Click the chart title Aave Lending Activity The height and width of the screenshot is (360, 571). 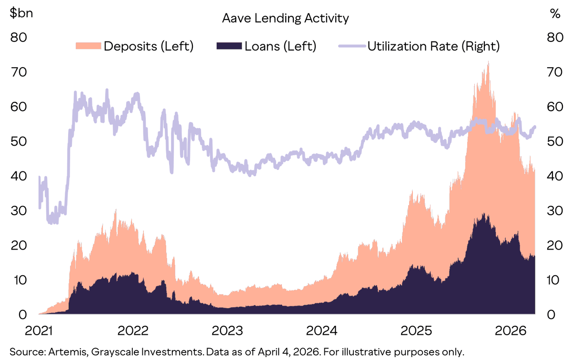[x=285, y=18]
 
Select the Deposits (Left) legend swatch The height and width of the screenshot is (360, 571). [x=88, y=46]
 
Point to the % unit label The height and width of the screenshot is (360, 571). [x=555, y=13]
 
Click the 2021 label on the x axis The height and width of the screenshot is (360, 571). [x=39, y=330]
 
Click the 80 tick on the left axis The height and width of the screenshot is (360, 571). [x=20, y=37]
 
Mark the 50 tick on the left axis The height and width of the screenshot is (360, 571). [x=20, y=141]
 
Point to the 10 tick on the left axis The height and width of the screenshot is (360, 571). [x=20, y=280]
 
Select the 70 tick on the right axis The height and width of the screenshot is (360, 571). [x=552, y=72]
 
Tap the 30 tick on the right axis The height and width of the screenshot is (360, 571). [x=552, y=210]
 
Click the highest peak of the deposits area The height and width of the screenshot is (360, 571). [x=488, y=62]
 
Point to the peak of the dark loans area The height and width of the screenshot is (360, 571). [x=484, y=214]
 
